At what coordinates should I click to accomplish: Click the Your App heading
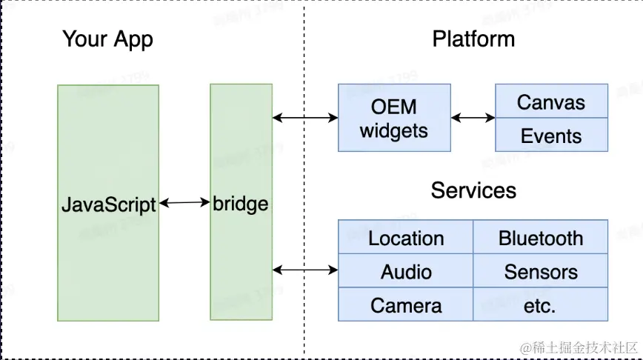pos(107,39)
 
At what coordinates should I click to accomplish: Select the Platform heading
pos(473,39)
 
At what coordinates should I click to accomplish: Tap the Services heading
pos(473,190)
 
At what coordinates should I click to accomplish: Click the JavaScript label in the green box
pos(108,204)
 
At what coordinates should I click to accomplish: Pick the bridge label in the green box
pos(240,203)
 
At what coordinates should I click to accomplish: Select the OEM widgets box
pos(394,118)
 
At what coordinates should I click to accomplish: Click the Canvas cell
pos(551,102)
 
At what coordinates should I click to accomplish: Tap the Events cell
pos(551,136)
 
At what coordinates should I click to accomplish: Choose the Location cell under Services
pos(406,238)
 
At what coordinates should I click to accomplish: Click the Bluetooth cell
pos(541,238)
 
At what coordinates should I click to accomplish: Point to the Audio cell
pos(406,272)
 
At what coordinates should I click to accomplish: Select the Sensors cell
pos(541,272)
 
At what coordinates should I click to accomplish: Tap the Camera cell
pos(406,305)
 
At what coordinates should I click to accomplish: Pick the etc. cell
pos(541,305)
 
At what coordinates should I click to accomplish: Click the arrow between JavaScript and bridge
pos(184,202)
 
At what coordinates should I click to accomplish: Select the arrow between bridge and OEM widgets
pos(305,117)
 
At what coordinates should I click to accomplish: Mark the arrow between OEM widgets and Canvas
pos(473,117)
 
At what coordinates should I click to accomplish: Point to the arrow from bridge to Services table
pos(305,270)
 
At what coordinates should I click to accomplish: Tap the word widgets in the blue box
pos(394,131)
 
